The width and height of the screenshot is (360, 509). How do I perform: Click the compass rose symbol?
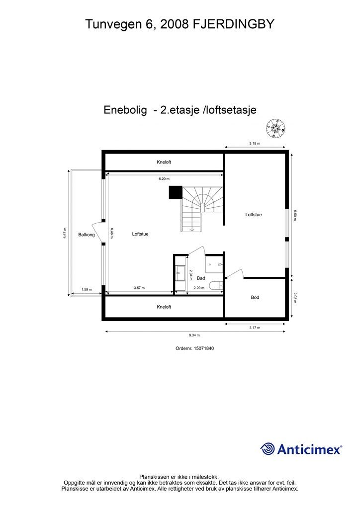(x=275, y=128)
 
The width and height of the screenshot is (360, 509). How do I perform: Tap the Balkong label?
(x=86, y=235)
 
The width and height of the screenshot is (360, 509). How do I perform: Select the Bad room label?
(x=201, y=278)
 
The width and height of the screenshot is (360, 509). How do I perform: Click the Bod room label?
(x=255, y=297)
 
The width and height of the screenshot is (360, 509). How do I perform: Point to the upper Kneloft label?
(x=164, y=162)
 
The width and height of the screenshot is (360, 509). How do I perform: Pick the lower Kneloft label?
(x=164, y=307)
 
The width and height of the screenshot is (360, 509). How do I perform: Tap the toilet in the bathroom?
(x=216, y=285)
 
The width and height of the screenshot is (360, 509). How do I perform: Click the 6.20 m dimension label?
(x=164, y=178)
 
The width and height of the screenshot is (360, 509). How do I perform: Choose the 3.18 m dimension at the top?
(x=255, y=143)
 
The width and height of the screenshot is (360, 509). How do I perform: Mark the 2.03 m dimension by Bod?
(x=295, y=297)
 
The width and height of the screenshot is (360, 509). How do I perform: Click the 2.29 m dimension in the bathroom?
(x=199, y=289)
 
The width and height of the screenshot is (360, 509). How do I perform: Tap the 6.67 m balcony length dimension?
(x=65, y=233)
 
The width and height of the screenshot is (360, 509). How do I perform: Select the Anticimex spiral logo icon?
(x=268, y=449)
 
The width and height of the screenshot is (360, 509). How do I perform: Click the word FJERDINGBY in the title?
(x=233, y=24)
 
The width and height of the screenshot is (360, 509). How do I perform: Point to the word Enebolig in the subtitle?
(x=125, y=110)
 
